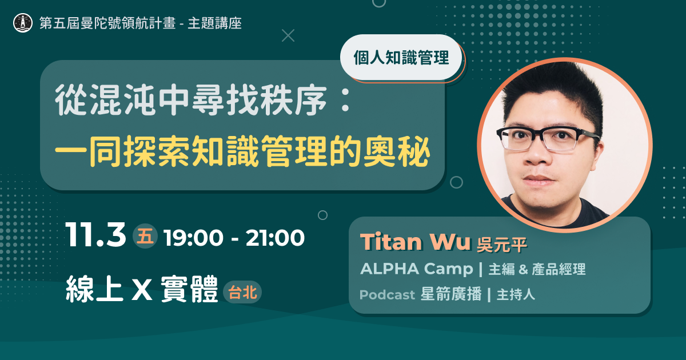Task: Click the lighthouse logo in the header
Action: click(23, 23)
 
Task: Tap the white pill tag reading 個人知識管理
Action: click(401, 58)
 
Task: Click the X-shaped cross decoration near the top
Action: click(288, 35)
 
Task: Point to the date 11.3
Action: click(95, 235)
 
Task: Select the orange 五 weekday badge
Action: click(145, 237)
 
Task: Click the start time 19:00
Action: click(194, 238)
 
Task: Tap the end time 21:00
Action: click(275, 238)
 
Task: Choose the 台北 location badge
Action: click(242, 293)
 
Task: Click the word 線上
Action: click(94, 289)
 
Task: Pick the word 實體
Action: click(189, 289)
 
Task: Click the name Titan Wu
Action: click(415, 242)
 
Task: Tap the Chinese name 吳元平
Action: click(502, 245)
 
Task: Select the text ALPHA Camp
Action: click(417, 269)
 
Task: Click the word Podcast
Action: click(387, 295)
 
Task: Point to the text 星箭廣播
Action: click(451, 294)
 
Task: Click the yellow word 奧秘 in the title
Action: click(397, 152)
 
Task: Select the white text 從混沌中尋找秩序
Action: click(191, 100)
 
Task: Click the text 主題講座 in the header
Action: click(215, 23)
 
